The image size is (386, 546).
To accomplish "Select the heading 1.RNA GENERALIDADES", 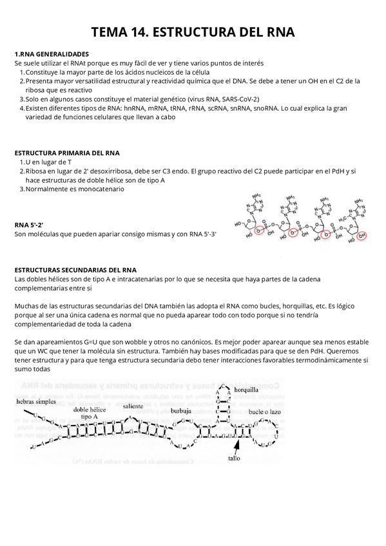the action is coord(52,54).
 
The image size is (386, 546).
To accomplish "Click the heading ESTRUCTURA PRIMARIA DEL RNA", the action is coord(67,153).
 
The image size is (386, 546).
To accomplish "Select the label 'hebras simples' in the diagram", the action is coord(36,401).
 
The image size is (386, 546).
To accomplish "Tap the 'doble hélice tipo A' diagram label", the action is coord(90,413).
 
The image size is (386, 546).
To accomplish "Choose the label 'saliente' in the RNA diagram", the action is coord(133,406).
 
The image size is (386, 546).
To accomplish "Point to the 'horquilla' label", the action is coord(246,390).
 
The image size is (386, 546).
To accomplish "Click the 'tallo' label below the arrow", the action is coord(234,459).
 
